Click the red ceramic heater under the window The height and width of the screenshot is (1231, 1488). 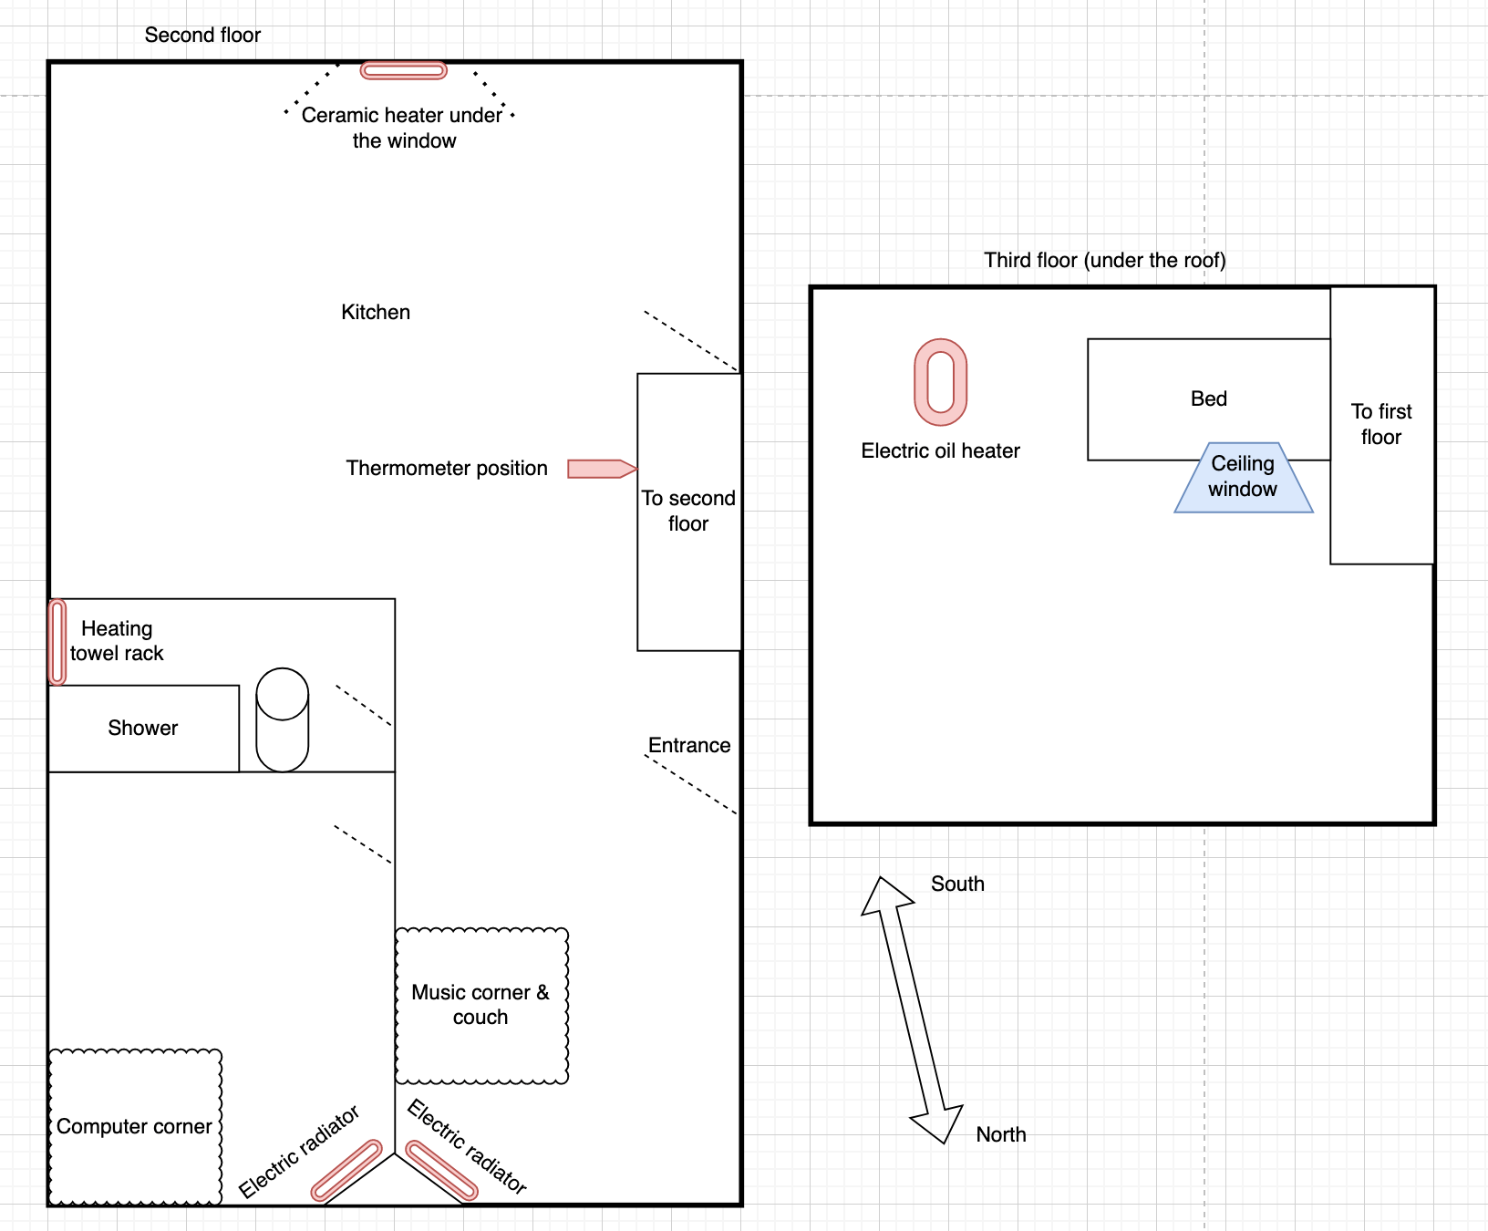click(x=404, y=71)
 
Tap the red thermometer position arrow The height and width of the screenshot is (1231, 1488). click(x=602, y=469)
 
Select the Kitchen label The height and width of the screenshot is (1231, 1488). click(x=376, y=312)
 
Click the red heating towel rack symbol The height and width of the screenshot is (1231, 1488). click(x=57, y=642)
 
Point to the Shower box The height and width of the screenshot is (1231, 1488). click(x=143, y=729)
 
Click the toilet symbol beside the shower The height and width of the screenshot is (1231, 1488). click(x=283, y=720)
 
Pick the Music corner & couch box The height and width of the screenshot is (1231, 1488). click(x=481, y=1006)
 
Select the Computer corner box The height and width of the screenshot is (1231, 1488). click(x=135, y=1127)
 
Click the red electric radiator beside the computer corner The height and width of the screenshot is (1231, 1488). click(x=346, y=1170)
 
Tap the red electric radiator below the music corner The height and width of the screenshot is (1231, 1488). click(x=441, y=1170)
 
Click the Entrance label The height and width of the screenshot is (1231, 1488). click(x=689, y=745)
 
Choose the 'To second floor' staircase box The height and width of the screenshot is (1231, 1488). click(x=689, y=512)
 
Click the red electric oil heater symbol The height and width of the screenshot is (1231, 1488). click(x=941, y=382)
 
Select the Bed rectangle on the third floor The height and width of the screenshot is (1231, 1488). click(x=1209, y=399)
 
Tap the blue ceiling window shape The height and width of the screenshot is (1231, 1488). click(x=1244, y=478)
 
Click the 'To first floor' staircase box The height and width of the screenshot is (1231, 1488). click(x=1382, y=425)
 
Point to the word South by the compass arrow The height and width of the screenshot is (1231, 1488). click(x=957, y=884)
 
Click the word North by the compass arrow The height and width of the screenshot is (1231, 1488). click(x=1001, y=1134)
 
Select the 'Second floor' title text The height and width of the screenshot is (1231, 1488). click(x=202, y=35)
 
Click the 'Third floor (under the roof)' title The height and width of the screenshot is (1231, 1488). click(x=1105, y=260)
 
